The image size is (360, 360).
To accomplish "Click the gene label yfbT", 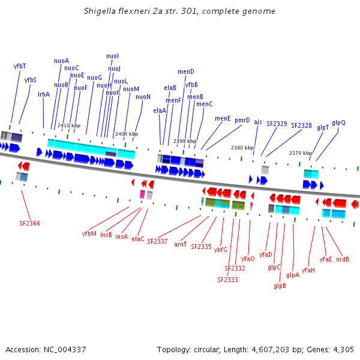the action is click(20, 66).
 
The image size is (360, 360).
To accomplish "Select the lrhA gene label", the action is click(44, 94).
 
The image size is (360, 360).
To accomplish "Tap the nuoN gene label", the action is click(143, 97).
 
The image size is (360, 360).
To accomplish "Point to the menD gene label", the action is click(186, 71).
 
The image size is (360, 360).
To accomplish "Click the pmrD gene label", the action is click(242, 120).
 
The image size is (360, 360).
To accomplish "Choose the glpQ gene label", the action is click(338, 122).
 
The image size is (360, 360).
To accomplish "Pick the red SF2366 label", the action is click(29, 223).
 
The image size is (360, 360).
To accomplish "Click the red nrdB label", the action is click(343, 259).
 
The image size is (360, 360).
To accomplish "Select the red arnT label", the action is click(181, 244).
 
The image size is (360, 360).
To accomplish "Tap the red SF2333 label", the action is click(227, 280).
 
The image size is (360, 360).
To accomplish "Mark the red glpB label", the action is click(280, 286).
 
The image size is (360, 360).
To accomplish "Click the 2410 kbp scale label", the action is click(68, 125).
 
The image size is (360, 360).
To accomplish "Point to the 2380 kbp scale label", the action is click(242, 148).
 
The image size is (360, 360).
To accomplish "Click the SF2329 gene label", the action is click(277, 124).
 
